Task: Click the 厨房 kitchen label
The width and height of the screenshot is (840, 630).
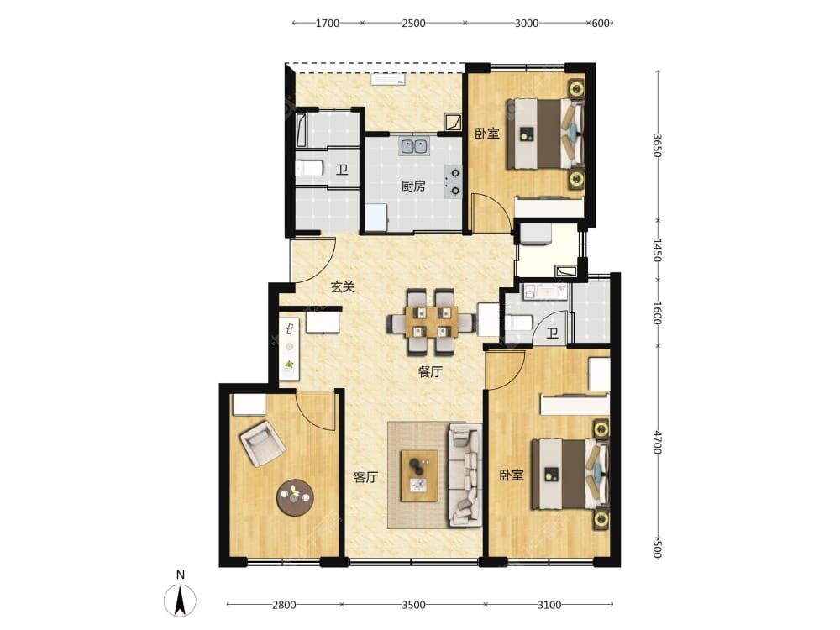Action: (x=413, y=186)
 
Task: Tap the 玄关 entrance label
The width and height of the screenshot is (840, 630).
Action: (x=343, y=287)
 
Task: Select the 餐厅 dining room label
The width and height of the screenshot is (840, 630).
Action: (x=430, y=372)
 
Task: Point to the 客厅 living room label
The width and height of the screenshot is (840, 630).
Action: (x=366, y=477)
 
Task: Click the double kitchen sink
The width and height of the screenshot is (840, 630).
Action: (x=413, y=146)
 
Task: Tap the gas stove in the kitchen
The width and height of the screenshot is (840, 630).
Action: (x=454, y=181)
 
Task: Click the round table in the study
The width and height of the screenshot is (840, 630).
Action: (x=294, y=497)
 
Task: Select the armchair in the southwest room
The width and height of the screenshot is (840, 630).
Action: (x=262, y=444)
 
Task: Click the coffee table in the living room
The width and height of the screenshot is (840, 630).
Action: (x=419, y=475)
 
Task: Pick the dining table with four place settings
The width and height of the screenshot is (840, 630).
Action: (x=430, y=322)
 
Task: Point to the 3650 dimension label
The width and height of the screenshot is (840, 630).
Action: (x=658, y=145)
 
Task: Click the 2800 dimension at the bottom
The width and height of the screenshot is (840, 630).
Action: (x=284, y=605)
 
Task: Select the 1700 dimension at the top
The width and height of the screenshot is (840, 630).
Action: (x=328, y=23)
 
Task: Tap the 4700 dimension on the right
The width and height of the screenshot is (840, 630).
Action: (x=658, y=443)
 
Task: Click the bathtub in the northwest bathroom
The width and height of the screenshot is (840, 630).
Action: (x=302, y=129)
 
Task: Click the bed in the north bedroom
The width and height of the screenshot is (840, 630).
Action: (x=545, y=133)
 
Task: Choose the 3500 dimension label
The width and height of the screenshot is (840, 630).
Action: (x=413, y=605)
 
